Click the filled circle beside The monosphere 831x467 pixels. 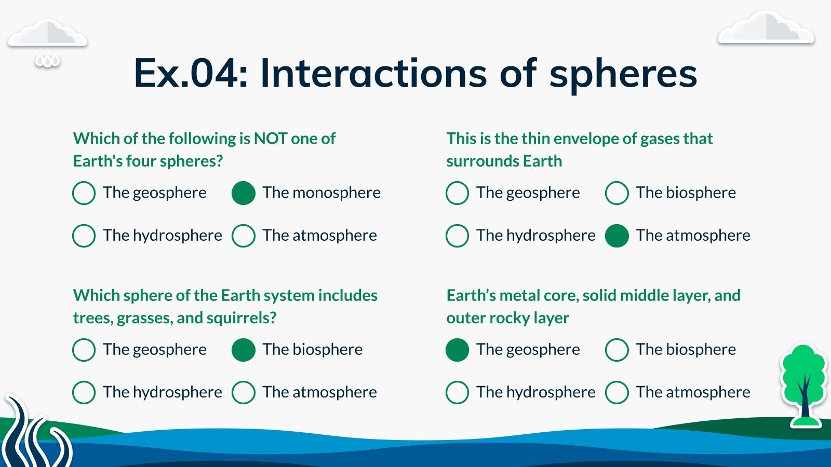[244, 193]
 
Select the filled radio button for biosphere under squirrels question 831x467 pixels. [244, 350]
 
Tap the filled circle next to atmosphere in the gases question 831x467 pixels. [616, 236]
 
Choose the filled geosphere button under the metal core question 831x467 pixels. [457, 350]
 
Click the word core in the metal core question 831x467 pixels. [561, 296]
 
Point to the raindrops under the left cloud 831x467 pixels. [47, 61]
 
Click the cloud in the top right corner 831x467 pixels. [766, 28]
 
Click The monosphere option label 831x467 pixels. [321, 193]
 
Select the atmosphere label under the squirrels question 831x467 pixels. [319, 392]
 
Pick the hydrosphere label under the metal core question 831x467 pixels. [535, 392]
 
